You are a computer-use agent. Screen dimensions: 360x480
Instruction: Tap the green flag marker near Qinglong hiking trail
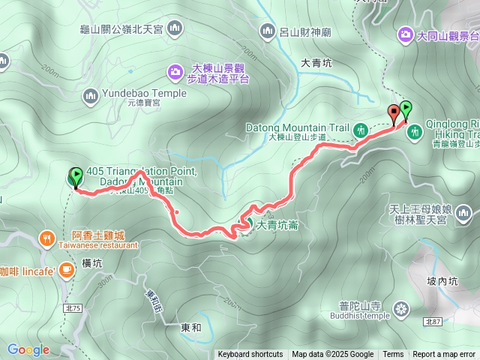[406, 110]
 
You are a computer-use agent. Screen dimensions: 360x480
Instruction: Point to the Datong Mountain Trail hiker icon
[361, 129]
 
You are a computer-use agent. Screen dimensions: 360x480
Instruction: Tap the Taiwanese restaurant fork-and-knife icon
[46, 238]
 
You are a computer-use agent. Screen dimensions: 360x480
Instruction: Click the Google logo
[28, 349]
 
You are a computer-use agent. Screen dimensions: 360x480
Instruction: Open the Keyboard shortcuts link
[250, 355]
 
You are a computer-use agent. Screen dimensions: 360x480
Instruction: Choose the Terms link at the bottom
[393, 355]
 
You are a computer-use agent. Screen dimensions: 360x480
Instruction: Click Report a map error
[445, 355]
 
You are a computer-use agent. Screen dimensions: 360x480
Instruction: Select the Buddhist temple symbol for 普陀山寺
[402, 307]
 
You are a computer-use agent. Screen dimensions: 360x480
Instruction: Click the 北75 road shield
[73, 287]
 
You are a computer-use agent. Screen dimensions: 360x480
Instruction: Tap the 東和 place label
[191, 328]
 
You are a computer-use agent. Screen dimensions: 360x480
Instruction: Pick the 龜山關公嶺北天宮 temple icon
[175, 29]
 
